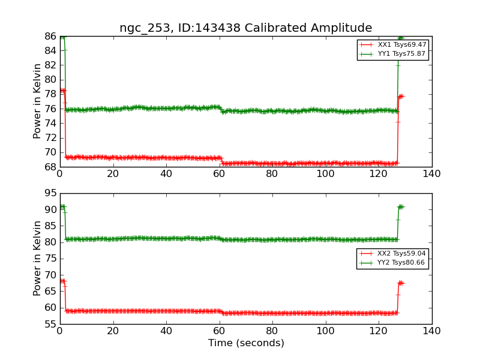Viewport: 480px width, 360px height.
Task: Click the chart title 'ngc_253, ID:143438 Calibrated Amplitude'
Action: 245,28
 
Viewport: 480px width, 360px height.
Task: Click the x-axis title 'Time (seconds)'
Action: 246,343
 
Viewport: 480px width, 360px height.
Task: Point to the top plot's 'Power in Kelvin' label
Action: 37,101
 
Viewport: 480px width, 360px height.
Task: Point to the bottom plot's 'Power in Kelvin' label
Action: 37,258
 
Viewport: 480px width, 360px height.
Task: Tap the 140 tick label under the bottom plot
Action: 431,331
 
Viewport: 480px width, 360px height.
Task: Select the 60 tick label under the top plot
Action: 219,174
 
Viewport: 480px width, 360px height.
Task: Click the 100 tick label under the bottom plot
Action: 325,331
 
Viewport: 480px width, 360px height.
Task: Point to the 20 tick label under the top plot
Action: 113,174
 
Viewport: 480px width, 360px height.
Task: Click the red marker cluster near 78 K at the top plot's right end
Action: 400,96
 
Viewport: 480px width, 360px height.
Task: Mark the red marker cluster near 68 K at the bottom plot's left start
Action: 62,281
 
